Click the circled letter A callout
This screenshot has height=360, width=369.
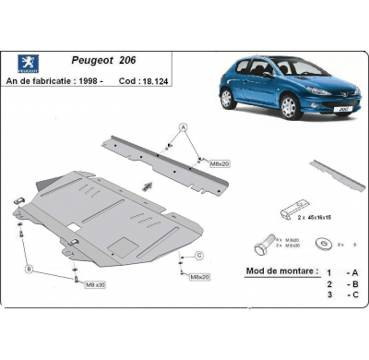tap(183, 126)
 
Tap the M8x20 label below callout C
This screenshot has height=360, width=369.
tap(200, 276)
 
